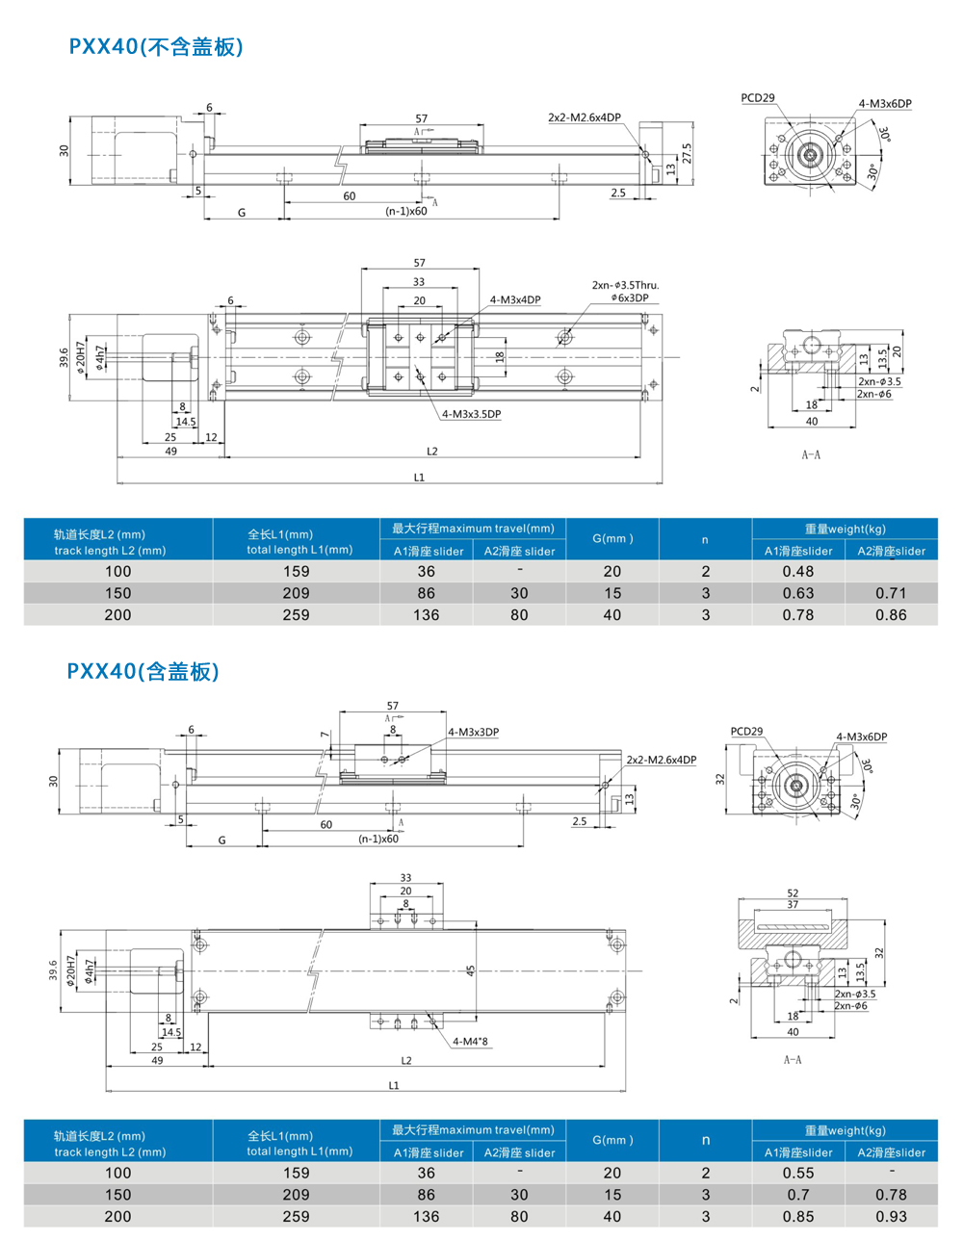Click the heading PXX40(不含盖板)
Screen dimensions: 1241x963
tap(156, 46)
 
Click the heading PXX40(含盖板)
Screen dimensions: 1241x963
tap(143, 671)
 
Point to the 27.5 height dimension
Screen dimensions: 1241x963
tap(687, 154)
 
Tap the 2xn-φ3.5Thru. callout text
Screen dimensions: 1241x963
tap(625, 285)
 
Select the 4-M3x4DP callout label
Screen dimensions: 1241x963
tap(515, 299)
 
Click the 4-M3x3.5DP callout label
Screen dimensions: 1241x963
tap(471, 414)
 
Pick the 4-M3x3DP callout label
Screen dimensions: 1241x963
tap(473, 732)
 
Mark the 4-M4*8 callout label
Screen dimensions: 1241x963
tap(470, 1041)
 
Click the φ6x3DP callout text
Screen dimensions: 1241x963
tap(630, 297)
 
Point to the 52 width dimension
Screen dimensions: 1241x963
tap(793, 893)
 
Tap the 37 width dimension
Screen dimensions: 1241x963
tap(793, 904)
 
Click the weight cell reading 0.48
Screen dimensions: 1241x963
tap(798, 571)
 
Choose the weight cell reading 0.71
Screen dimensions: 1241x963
tap(891, 593)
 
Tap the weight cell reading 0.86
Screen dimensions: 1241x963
tap(891, 614)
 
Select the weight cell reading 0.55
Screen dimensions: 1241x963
tap(798, 1173)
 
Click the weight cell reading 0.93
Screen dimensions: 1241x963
tap(891, 1216)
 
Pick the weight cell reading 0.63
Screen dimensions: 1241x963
tap(798, 593)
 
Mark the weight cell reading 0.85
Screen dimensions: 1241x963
tap(798, 1216)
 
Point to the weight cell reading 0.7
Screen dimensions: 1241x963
tap(798, 1195)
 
